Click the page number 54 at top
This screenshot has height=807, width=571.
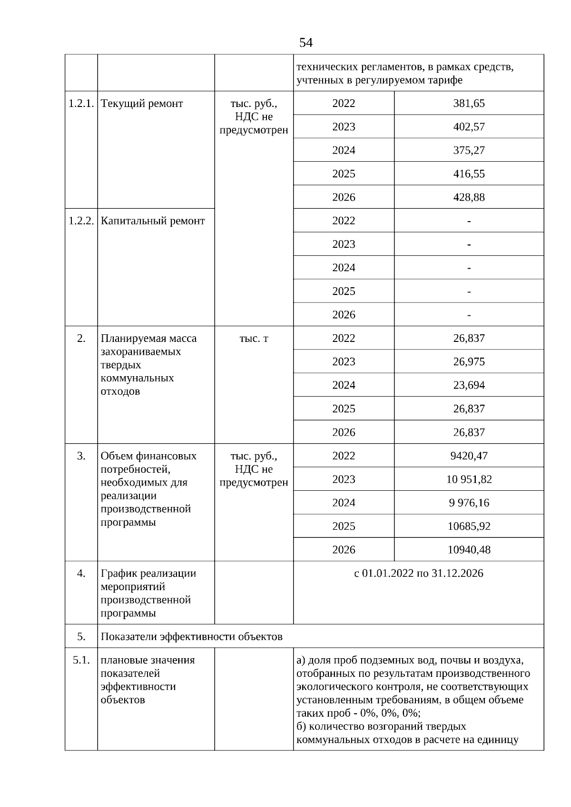point(305,43)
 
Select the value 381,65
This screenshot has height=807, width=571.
point(469,103)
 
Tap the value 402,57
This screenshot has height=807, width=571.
point(469,126)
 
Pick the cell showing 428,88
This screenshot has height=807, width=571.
point(469,197)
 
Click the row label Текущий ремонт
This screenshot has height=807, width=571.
point(142,103)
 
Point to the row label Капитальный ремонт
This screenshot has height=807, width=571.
point(153,221)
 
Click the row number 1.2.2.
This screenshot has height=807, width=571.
point(81,221)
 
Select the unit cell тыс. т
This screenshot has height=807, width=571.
point(254,338)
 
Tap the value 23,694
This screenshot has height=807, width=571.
point(469,385)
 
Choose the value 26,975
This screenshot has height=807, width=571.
point(469,361)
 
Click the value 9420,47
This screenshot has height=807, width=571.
point(469,456)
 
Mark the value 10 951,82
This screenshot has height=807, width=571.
point(469,479)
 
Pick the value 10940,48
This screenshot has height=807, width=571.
point(469,550)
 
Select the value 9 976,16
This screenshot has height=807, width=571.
point(469,503)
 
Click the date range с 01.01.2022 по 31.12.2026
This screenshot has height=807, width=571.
point(418,573)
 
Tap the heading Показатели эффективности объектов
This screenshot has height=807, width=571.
point(191,636)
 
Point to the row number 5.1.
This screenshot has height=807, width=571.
point(81,660)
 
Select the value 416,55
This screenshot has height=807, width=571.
point(469,174)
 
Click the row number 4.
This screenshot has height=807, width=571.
point(81,573)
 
